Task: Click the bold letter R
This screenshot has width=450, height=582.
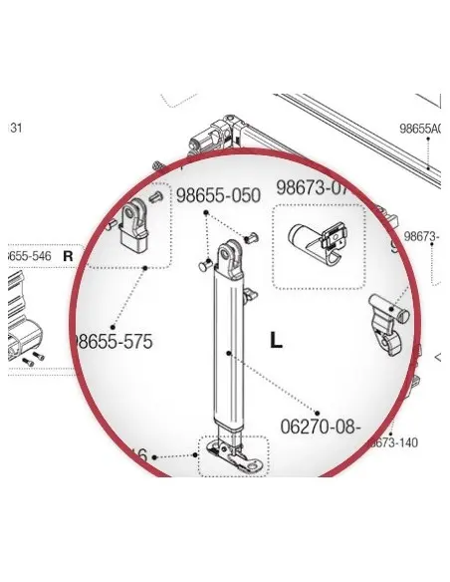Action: click(69, 256)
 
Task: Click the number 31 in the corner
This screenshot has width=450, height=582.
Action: click(15, 128)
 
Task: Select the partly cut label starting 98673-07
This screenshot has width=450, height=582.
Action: click(315, 187)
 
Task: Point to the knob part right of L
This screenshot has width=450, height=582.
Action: click(386, 319)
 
